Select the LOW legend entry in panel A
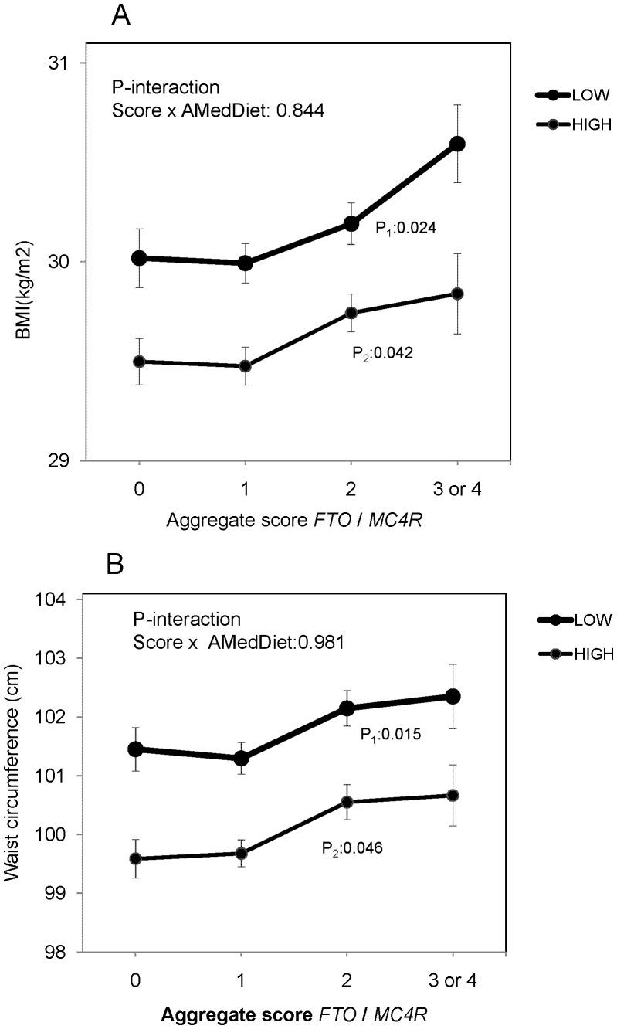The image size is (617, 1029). pyautogui.click(x=571, y=95)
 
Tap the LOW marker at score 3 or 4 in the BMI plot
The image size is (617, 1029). pyautogui.click(x=457, y=144)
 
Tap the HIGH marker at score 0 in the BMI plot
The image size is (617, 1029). pyautogui.click(x=139, y=362)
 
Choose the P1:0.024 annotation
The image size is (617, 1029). pyautogui.click(x=407, y=228)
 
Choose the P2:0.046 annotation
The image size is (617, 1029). pyautogui.click(x=351, y=848)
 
